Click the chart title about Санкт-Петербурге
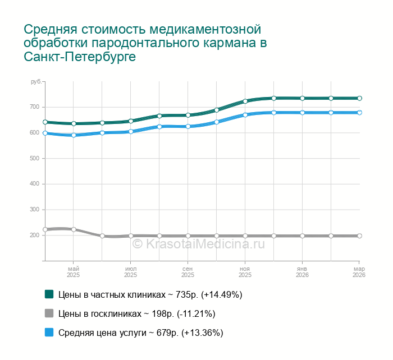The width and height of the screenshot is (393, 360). pyautogui.click(x=143, y=43)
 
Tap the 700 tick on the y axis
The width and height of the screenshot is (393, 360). pyautogui.click(x=34, y=107)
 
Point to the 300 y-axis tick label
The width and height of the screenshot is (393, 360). pyautogui.click(x=34, y=210)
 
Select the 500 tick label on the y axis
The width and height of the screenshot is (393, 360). pyautogui.click(x=34, y=158)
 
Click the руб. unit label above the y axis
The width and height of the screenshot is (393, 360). pyautogui.click(x=35, y=82)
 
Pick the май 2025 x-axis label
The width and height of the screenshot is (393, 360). pyautogui.click(x=74, y=272)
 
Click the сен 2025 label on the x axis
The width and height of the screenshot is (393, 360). pyautogui.click(x=188, y=272)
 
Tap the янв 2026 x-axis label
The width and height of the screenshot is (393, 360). pyautogui.click(x=302, y=272)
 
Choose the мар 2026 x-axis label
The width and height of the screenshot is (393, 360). pyautogui.click(x=359, y=272)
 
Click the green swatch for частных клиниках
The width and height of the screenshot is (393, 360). pyautogui.click(x=49, y=294)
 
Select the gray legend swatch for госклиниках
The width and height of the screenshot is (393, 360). pyautogui.click(x=49, y=313)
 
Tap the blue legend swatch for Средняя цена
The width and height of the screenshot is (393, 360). pyautogui.click(x=49, y=333)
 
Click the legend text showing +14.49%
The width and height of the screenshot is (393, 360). pyautogui.click(x=150, y=294)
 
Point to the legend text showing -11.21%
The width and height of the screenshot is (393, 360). pyautogui.click(x=136, y=313)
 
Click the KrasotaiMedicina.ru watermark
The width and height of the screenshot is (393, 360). pyautogui.click(x=198, y=244)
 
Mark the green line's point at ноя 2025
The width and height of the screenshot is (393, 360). pyautogui.click(x=245, y=101)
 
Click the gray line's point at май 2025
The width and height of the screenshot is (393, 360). pyautogui.click(x=74, y=229)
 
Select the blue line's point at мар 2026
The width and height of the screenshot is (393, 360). pyautogui.click(x=359, y=113)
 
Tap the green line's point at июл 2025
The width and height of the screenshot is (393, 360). pyautogui.click(x=131, y=121)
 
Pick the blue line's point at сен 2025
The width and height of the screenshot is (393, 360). pyautogui.click(x=188, y=127)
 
